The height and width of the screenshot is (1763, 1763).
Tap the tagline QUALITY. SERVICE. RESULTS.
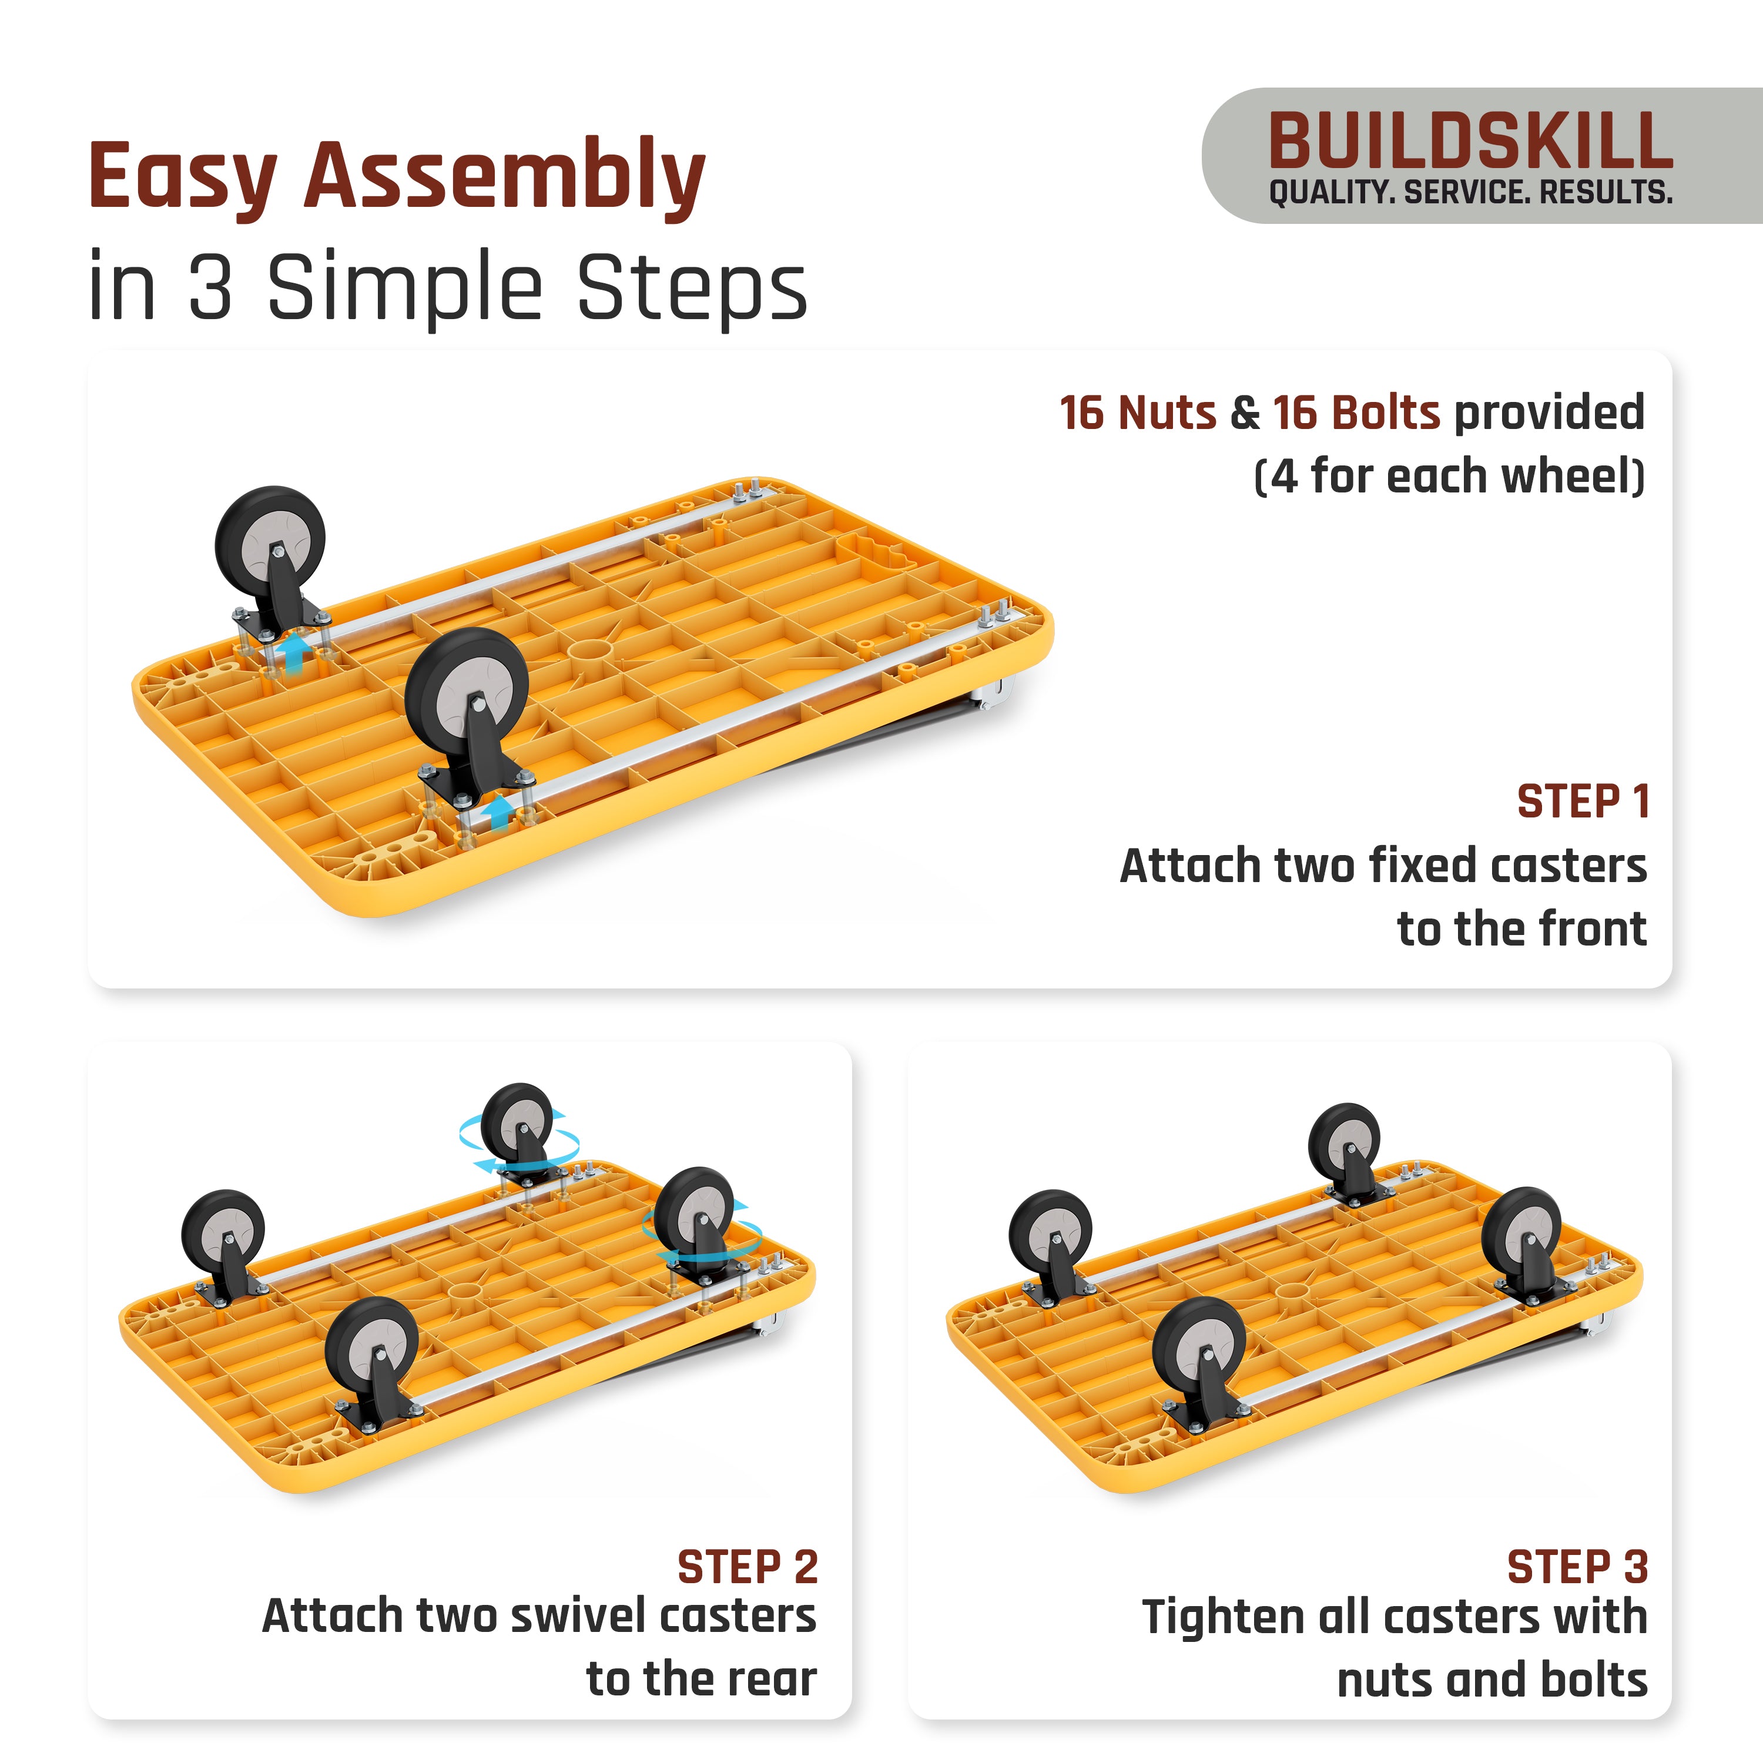pyautogui.click(x=1470, y=193)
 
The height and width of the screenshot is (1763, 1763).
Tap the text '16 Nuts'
pyautogui.click(x=1137, y=413)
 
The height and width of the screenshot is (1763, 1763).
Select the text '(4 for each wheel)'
pyautogui.click(x=1449, y=477)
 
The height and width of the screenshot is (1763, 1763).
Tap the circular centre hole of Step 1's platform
pyautogui.click(x=589, y=651)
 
